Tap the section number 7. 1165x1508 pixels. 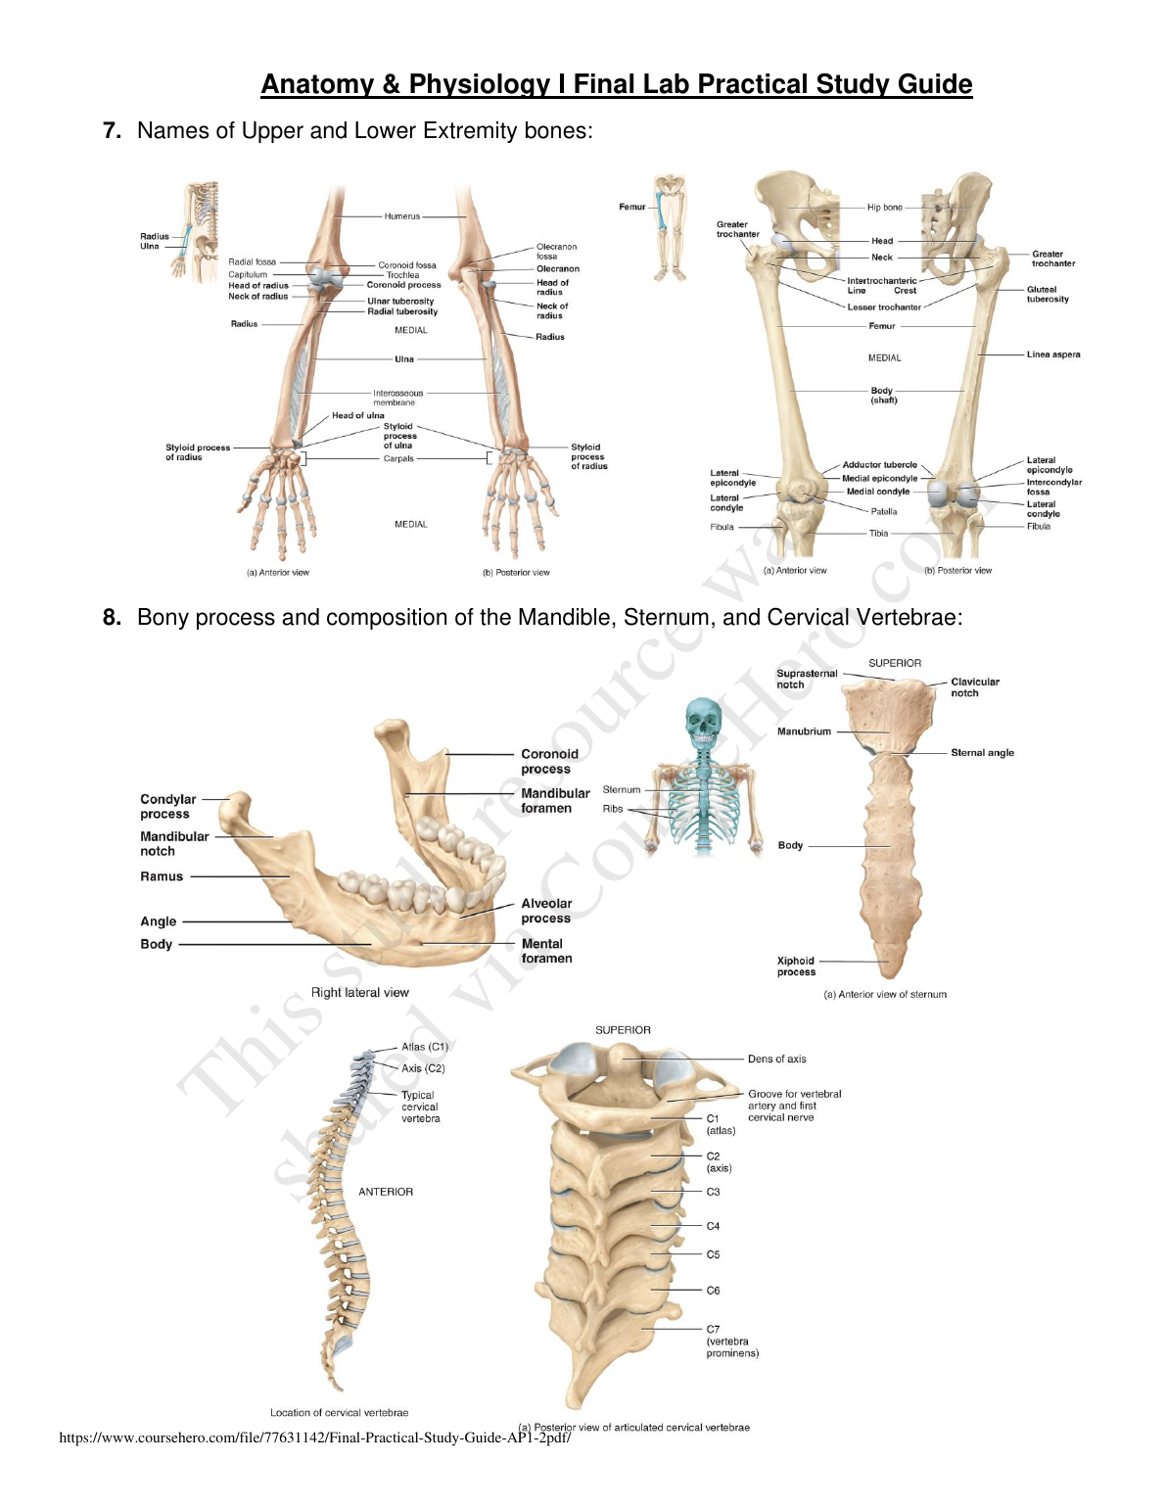tap(112, 131)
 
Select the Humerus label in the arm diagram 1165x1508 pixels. tap(401, 216)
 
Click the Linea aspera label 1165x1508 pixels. tap(1053, 354)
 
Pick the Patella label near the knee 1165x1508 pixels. tap(883, 511)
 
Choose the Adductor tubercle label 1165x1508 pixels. tap(879, 465)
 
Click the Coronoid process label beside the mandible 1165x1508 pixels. tap(549, 761)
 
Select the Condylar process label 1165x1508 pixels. tap(167, 806)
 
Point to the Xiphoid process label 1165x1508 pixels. tap(796, 966)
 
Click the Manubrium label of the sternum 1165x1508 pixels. tap(804, 731)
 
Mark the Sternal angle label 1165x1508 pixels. tap(982, 753)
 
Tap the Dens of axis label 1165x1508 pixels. tap(776, 1059)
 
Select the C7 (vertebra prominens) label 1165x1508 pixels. tap(731, 1342)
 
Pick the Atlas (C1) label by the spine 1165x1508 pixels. tap(424, 1047)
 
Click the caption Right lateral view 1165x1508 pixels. tap(359, 992)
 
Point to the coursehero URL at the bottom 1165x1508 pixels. tap(314, 1437)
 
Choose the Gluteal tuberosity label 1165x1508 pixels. tap(1048, 294)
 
